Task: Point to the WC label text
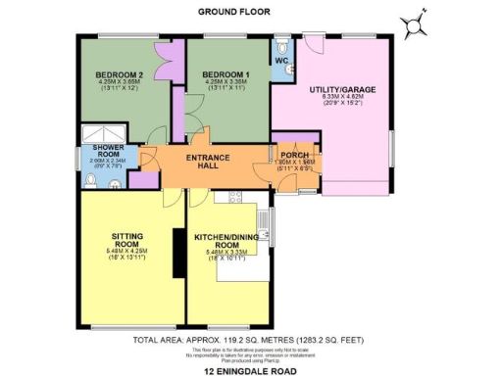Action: tap(281, 61)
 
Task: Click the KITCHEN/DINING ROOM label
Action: tap(224, 242)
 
